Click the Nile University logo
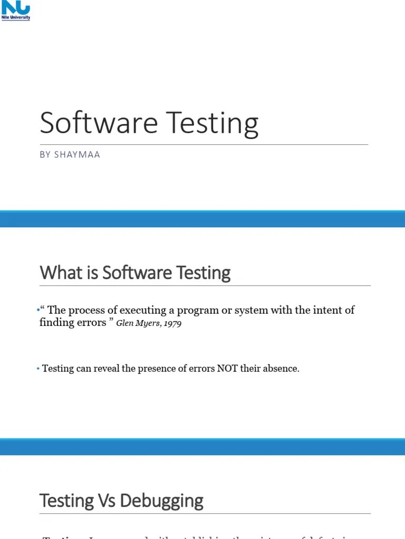(16, 11)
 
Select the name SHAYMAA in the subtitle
(77, 155)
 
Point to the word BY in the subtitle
(45, 155)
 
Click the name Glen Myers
(138, 323)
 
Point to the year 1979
(172, 323)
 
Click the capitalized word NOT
(227, 368)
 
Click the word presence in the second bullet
(159, 368)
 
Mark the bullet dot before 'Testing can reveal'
(38, 369)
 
